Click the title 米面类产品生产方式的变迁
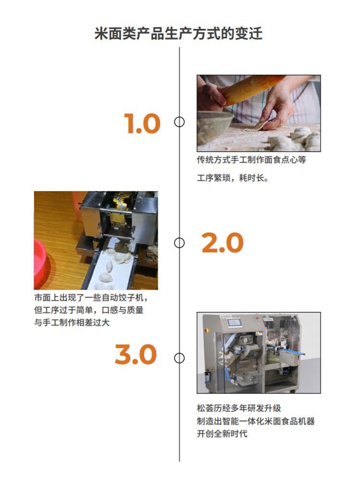point(179,34)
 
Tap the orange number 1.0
point(142,124)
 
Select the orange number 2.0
point(222,243)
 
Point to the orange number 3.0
point(136,355)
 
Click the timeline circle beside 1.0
point(180,122)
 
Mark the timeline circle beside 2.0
point(180,243)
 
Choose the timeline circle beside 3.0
point(180,358)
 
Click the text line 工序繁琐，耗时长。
point(232,178)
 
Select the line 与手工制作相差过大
point(72,323)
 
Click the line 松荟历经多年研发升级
point(239,408)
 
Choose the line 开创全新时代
point(222,434)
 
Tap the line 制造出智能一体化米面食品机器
point(255,421)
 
